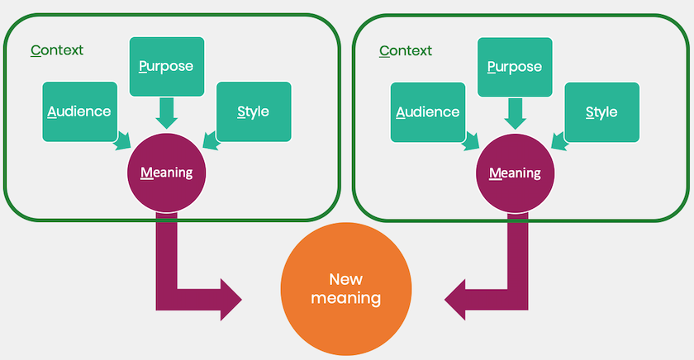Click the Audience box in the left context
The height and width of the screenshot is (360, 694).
click(x=79, y=111)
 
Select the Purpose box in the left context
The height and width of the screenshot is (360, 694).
click(x=167, y=67)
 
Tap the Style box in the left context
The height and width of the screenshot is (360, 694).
click(x=253, y=111)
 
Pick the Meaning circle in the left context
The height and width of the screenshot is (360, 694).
click(x=166, y=173)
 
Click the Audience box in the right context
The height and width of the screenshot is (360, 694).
click(x=428, y=111)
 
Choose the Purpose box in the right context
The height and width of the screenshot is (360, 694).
click(x=515, y=67)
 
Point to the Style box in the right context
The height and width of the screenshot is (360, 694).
click(x=601, y=111)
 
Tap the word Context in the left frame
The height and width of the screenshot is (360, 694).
click(x=57, y=50)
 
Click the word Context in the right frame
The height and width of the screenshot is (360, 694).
click(x=406, y=50)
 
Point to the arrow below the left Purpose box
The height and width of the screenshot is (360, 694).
click(x=167, y=112)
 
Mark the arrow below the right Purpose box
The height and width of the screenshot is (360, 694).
click(x=515, y=112)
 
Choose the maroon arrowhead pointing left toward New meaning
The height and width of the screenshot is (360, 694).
click(x=460, y=300)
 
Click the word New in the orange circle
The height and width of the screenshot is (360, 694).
click(x=345, y=278)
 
